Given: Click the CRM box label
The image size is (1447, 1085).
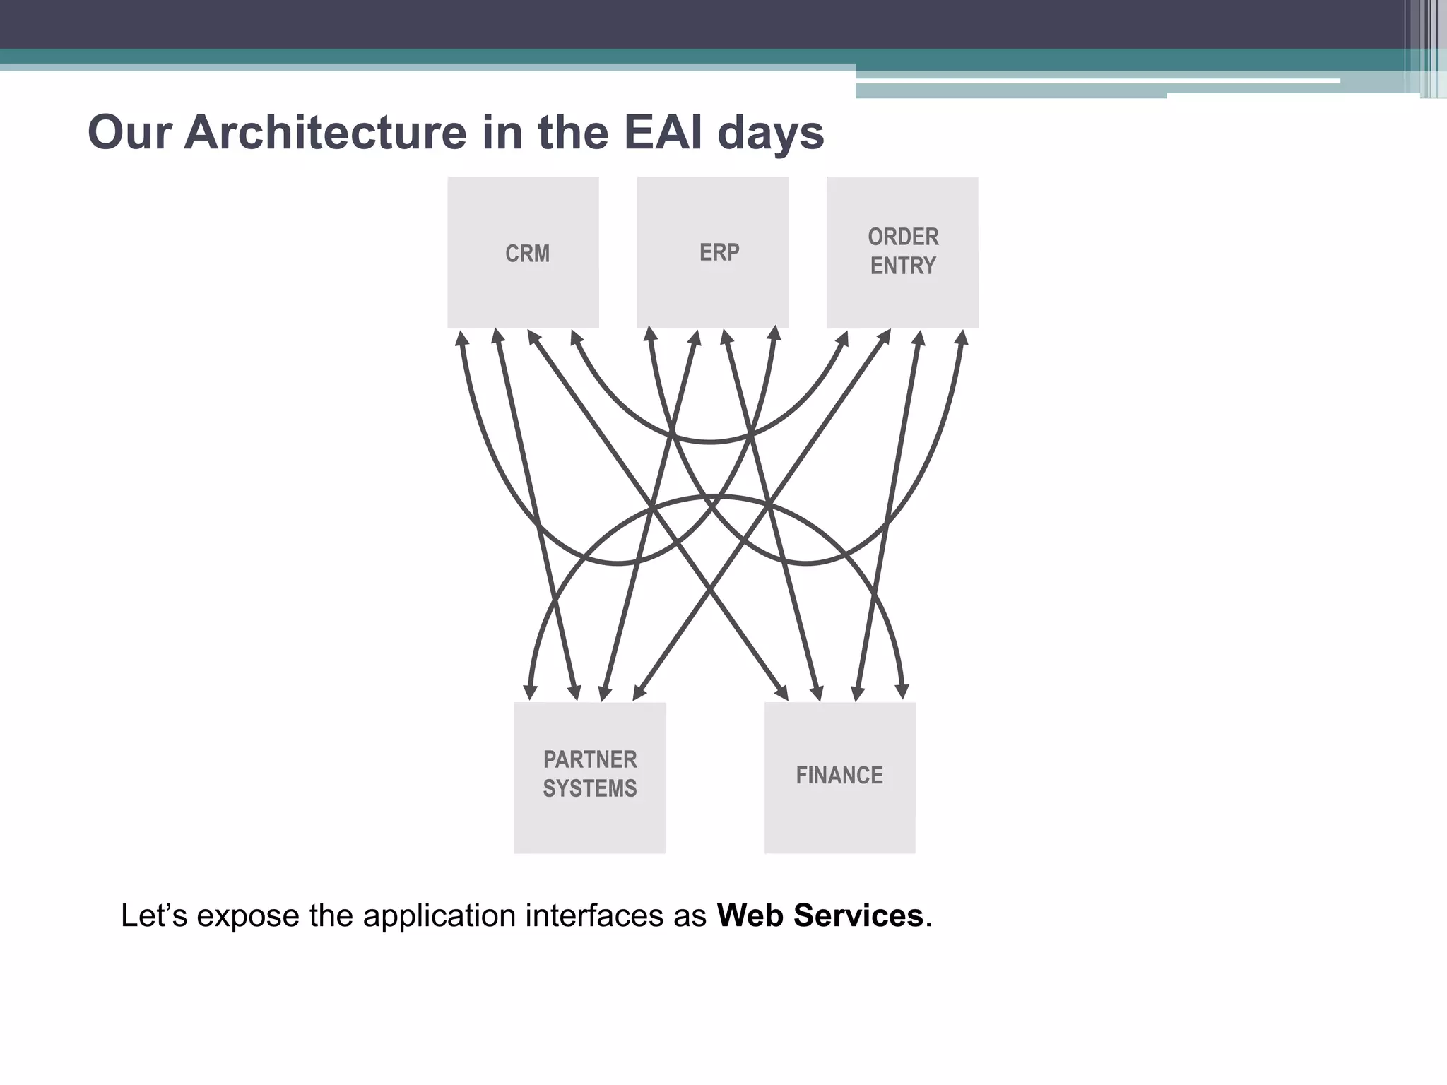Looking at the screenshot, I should (527, 254).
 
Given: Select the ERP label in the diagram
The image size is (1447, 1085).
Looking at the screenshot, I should (719, 252).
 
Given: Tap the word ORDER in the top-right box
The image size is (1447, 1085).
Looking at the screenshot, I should (903, 237).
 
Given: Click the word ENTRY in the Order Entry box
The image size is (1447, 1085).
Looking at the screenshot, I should (903, 266).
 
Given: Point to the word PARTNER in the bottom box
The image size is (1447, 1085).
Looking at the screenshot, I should (590, 759).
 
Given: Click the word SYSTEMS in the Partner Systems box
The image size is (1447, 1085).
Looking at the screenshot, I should (590, 788).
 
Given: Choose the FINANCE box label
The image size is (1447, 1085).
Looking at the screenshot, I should (839, 776).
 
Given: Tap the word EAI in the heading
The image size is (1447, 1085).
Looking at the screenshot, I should (663, 133).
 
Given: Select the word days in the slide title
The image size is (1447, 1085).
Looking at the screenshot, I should (770, 133).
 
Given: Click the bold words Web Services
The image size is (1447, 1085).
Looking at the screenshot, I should (820, 915).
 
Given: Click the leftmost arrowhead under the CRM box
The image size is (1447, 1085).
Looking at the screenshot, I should (462, 338).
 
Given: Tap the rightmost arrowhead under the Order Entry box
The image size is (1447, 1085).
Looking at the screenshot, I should (962, 338).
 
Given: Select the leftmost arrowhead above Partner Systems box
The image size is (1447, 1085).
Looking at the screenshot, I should (530, 691).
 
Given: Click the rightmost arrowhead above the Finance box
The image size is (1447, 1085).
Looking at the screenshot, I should (902, 691).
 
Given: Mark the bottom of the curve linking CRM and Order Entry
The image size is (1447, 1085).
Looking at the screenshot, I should (709, 442).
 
